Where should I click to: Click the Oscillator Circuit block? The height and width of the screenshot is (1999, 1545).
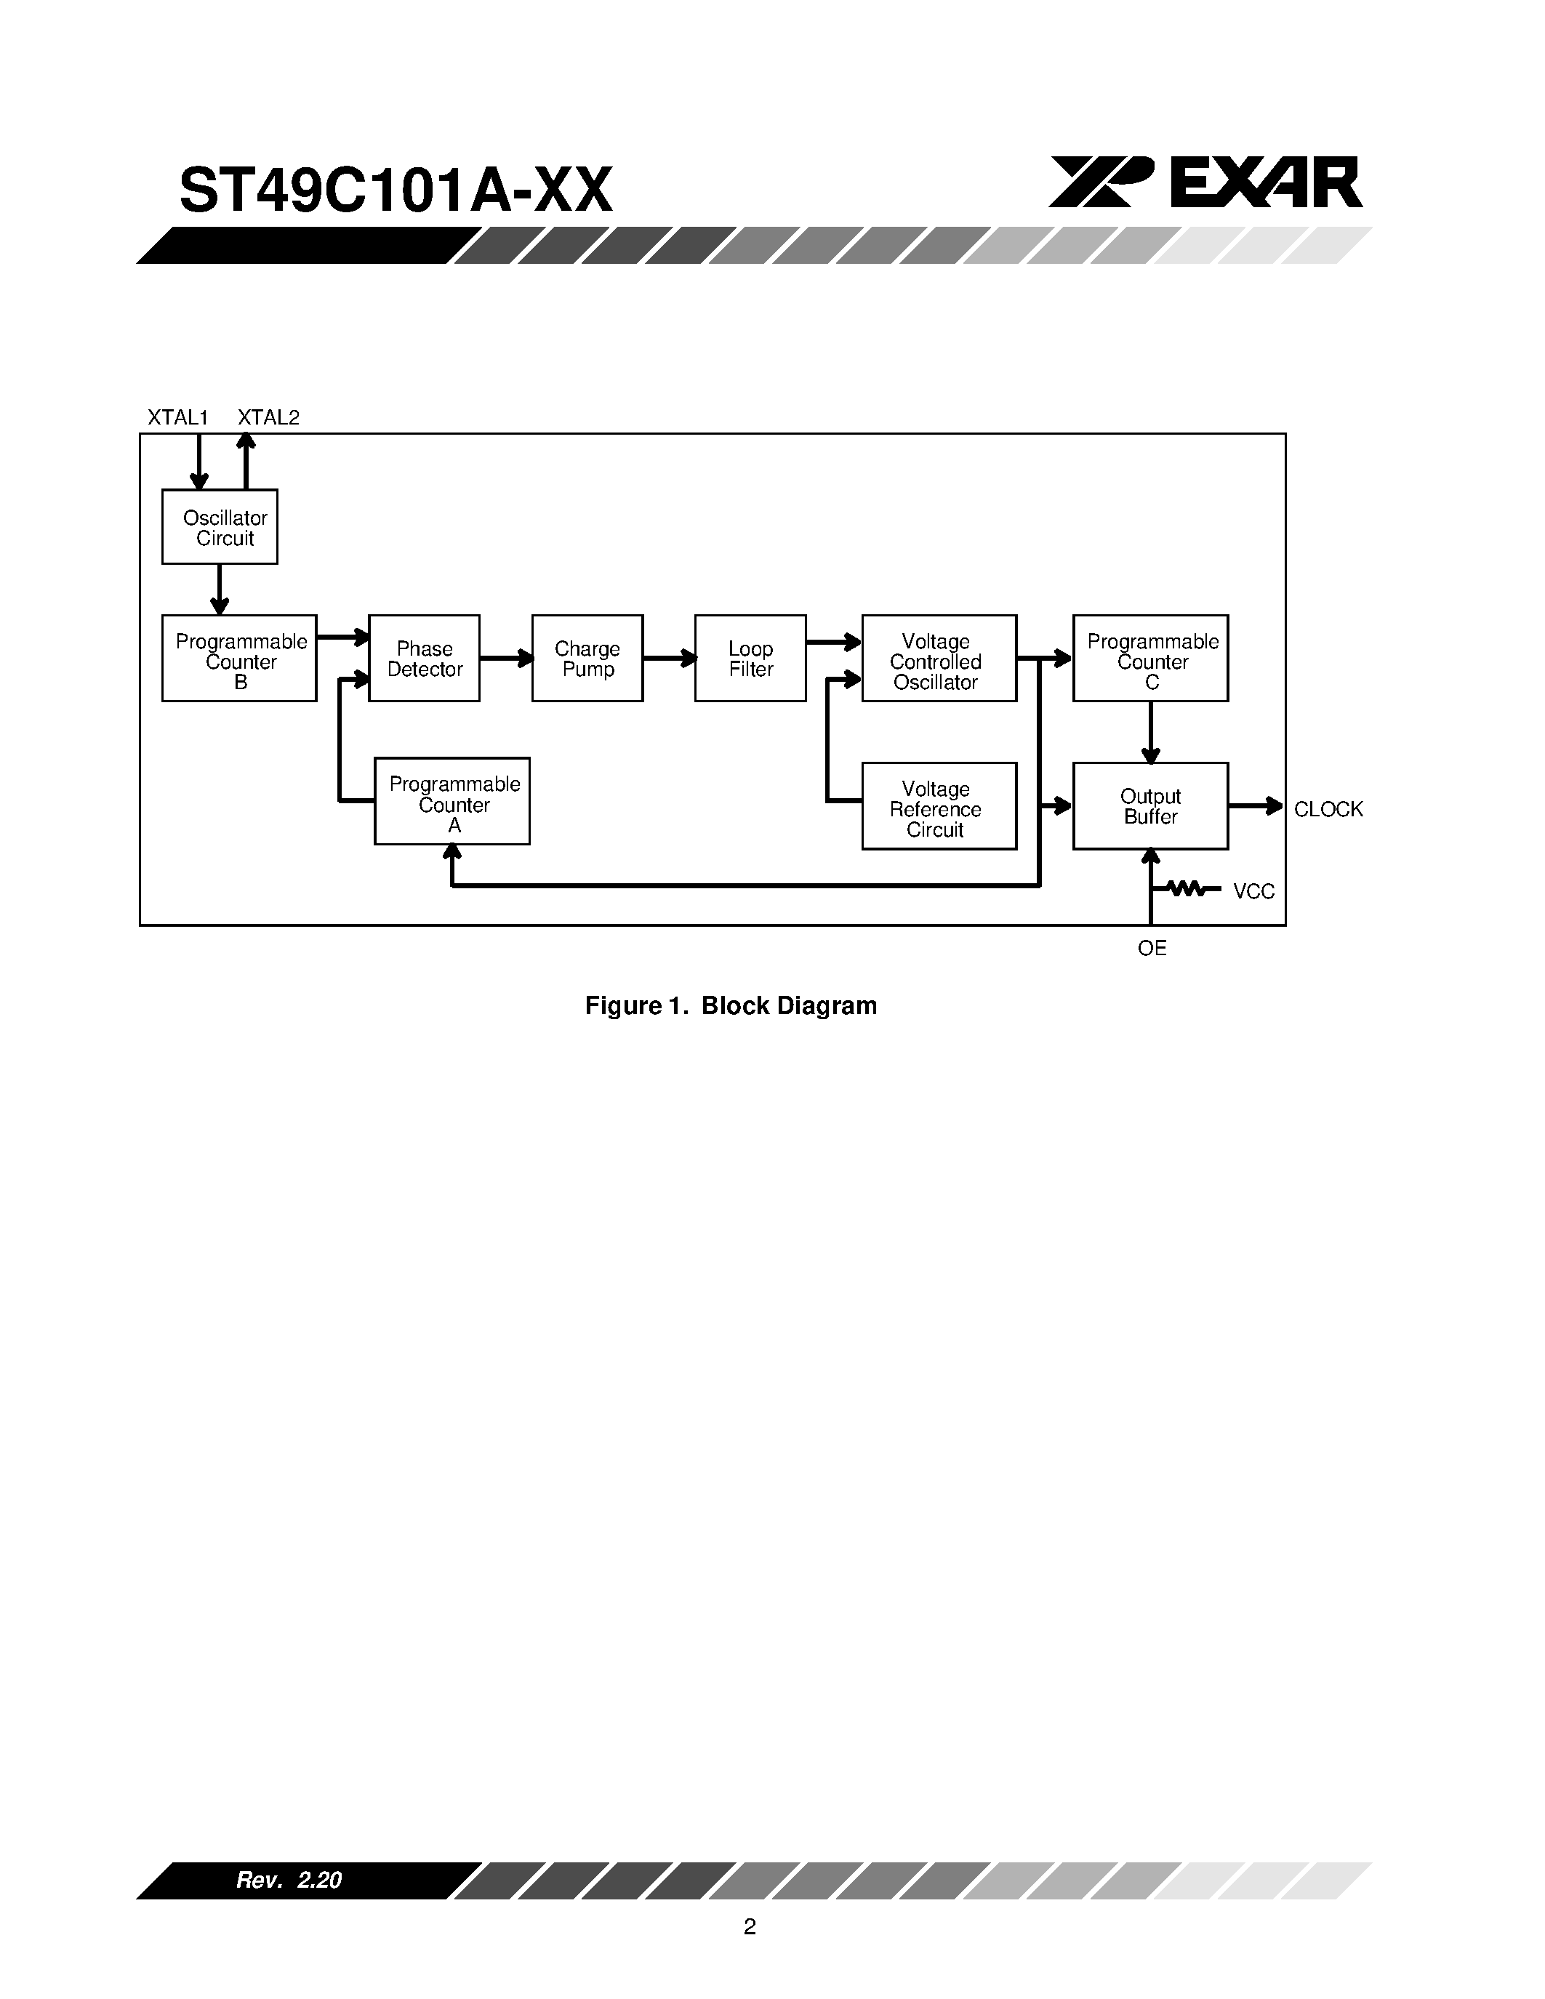click(220, 527)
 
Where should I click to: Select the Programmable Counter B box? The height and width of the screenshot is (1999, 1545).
click(239, 659)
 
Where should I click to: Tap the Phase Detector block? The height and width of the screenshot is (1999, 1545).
click(424, 659)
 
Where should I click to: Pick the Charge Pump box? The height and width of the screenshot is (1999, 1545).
click(587, 659)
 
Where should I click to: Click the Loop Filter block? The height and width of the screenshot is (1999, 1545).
click(750, 659)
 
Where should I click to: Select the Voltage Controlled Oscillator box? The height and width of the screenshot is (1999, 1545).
click(938, 659)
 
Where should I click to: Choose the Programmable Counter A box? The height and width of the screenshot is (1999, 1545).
click(452, 802)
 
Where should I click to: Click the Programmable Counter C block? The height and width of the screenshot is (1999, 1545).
click(1150, 659)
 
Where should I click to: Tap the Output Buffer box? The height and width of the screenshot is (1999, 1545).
click(1150, 806)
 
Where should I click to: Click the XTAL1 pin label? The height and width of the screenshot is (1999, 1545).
click(178, 418)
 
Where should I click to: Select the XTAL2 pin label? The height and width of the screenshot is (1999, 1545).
click(268, 418)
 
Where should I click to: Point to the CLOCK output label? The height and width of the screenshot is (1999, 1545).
click(1328, 809)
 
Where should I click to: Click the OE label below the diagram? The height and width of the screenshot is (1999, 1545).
click(1152, 948)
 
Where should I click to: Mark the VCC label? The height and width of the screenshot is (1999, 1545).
click(1253, 891)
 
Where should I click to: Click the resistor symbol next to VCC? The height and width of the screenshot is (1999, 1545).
click(1187, 888)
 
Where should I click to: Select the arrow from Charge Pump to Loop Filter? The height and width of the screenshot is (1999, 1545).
click(669, 658)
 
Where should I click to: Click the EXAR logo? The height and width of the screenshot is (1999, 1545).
click(1205, 182)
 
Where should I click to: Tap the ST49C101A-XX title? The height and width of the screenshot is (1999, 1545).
click(396, 191)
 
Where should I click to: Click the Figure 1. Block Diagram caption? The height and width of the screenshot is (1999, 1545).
click(731, 1006)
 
